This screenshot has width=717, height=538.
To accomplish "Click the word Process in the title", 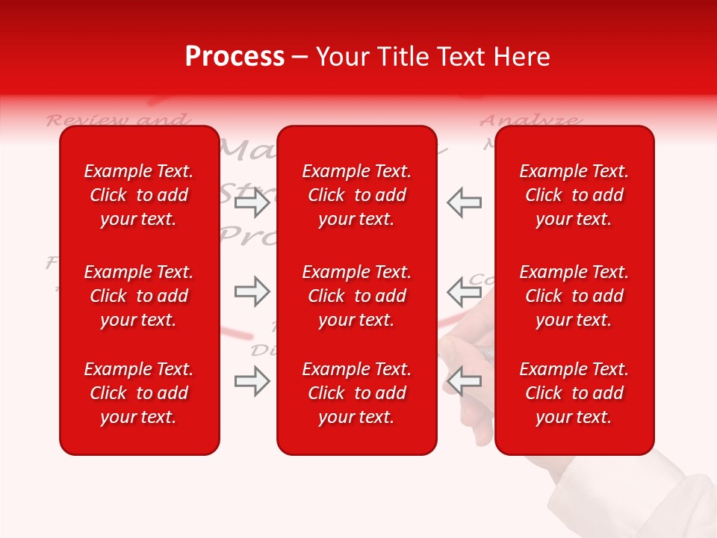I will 235,57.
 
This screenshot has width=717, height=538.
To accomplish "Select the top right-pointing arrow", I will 252,202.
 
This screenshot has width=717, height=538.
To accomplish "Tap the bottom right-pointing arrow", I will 252,382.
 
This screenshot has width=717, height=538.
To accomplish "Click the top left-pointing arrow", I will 464,202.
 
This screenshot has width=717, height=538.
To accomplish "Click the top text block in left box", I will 139,195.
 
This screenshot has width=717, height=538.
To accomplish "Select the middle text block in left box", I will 139,296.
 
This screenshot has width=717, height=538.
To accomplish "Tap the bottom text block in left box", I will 139,393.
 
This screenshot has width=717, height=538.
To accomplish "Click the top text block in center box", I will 357,195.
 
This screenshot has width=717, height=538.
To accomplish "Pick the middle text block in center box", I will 357,296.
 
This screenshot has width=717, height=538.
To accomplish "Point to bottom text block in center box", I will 357,393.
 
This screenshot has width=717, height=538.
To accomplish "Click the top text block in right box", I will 574,195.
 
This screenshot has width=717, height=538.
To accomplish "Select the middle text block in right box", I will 574,296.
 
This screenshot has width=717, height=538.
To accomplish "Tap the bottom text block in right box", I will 574,393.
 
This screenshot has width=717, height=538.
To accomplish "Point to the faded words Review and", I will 117,120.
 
